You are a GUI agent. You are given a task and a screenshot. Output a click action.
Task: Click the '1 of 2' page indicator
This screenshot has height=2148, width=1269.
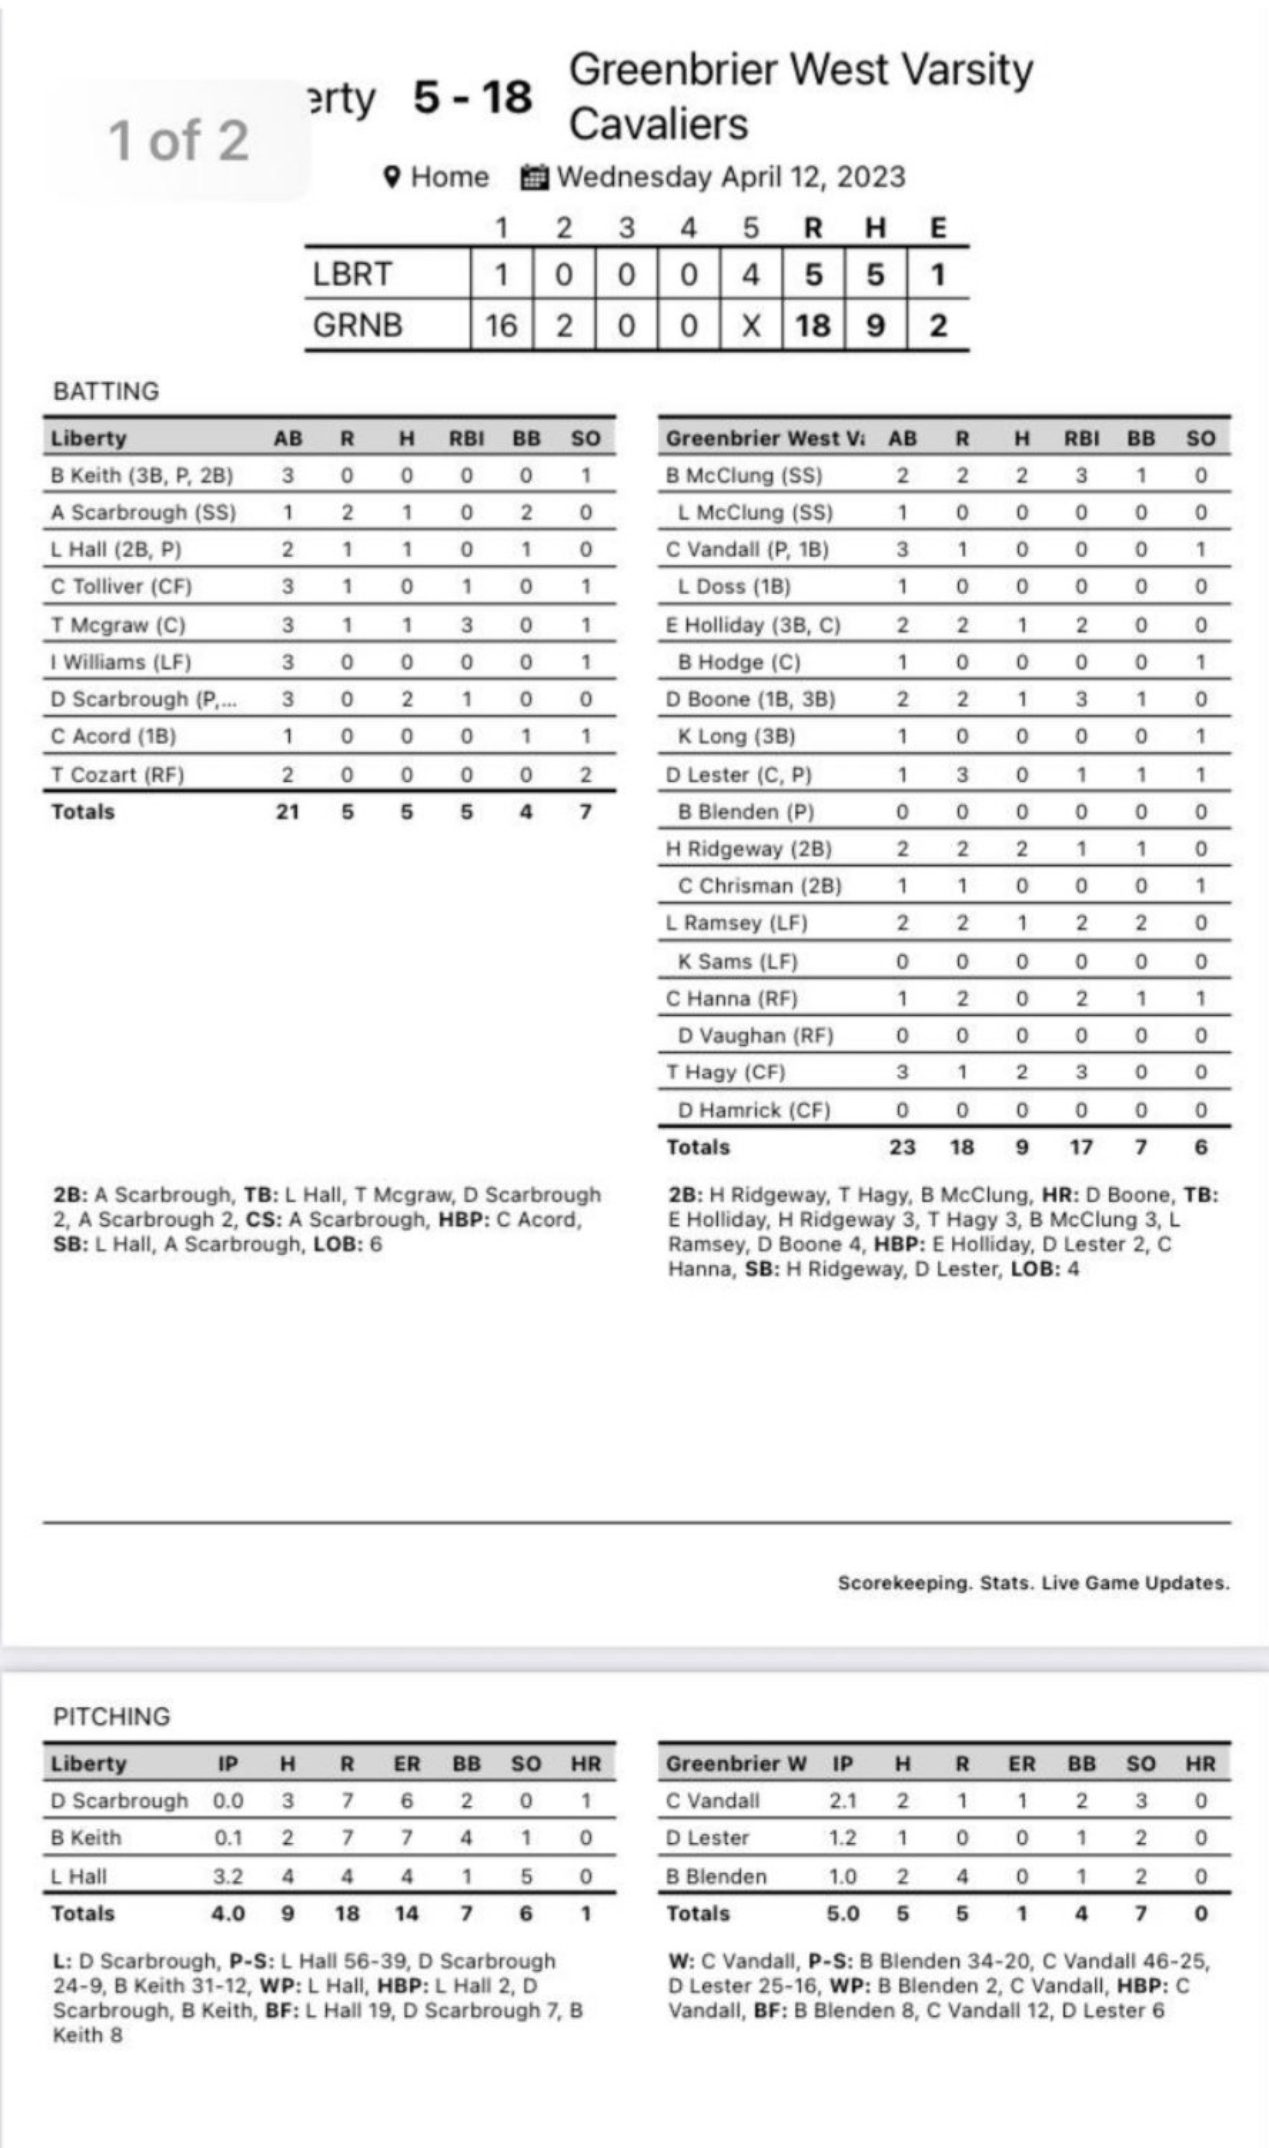coord(178,139)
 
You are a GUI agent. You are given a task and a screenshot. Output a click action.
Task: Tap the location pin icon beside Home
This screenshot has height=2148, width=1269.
coord(393,177)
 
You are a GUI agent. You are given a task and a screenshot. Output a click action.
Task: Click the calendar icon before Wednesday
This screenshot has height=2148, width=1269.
coord(534,178)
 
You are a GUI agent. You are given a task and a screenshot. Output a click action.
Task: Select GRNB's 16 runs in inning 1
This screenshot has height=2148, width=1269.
coord(501,325)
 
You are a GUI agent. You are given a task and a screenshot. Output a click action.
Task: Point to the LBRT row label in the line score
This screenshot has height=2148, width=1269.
coord(352,274)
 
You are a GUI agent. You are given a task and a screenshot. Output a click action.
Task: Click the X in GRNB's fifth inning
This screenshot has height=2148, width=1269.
coord(751,325)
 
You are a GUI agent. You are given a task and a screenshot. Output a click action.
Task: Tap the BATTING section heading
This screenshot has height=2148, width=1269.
coord(106,391)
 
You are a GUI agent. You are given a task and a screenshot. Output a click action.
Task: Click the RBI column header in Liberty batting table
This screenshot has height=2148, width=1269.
coord(466,438)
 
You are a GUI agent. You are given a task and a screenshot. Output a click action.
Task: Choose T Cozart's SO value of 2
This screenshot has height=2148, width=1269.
coord(585,774)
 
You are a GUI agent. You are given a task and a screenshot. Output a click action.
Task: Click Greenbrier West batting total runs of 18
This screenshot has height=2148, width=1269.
coord(961,1147)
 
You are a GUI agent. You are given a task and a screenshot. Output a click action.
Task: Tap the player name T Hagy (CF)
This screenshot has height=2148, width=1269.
coord(726,1073)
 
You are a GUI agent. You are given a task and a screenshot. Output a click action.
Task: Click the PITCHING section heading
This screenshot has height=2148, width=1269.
coord(111,1716)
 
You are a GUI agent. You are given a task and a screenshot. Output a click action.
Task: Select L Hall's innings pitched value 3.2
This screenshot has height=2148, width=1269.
coord(228,1876)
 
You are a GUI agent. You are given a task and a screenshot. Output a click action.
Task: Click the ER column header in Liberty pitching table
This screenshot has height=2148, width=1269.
coord(407,1764)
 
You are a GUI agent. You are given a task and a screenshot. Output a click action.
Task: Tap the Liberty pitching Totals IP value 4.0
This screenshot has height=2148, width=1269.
coord(228,1914)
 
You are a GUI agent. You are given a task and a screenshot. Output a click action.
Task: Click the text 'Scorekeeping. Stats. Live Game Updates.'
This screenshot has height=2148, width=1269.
coord(1033,1583)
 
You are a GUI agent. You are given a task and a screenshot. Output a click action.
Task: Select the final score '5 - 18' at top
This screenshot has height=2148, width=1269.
coord(473,98)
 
